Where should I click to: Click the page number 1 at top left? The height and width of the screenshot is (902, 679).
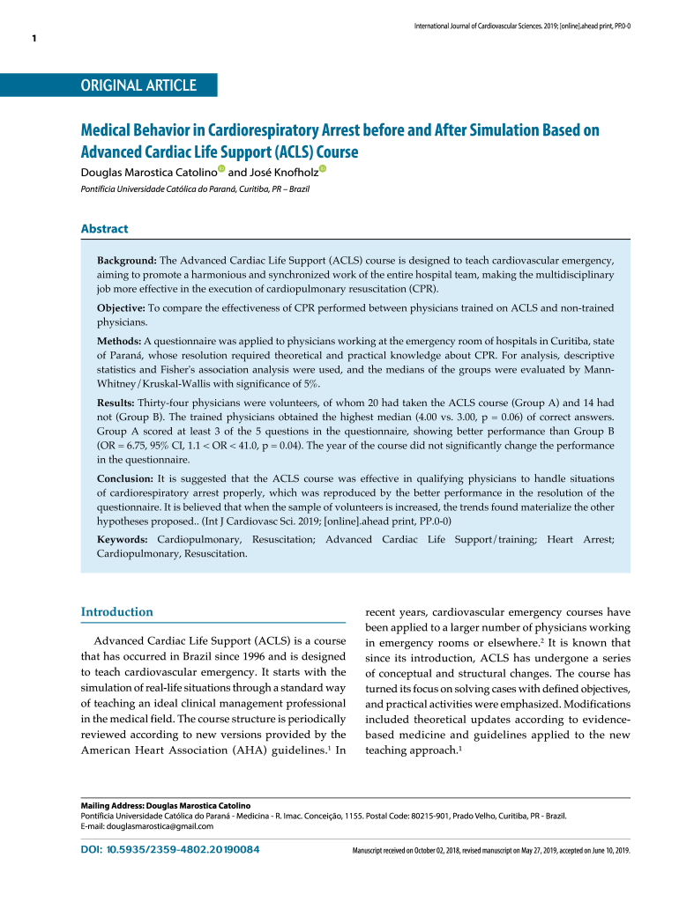click(34, 39)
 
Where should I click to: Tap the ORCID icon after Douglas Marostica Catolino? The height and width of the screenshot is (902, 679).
click(220, 169)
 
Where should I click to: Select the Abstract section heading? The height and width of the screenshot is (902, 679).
click(104, 229)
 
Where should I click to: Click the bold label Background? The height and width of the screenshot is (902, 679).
click(126, 262)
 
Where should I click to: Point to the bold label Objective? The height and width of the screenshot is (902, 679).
click(121, 307)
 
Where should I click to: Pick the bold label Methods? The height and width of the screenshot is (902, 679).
click(119, 340)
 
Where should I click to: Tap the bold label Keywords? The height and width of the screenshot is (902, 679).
click(123, 538)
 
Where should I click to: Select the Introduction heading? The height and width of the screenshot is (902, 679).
click(116, 612)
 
